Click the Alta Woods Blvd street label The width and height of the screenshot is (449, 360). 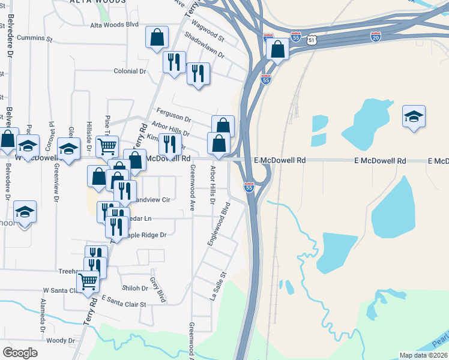click(114, 25)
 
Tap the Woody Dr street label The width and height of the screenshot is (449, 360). click(59, 340)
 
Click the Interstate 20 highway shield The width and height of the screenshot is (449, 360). click(376, 37)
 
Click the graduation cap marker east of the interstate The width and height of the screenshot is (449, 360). click(414, 116)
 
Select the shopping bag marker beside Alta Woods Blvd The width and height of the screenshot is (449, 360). click(156, 37)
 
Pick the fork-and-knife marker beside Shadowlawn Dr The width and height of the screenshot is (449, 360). click(198, 74)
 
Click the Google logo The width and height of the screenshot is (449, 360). click(20, 353)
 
